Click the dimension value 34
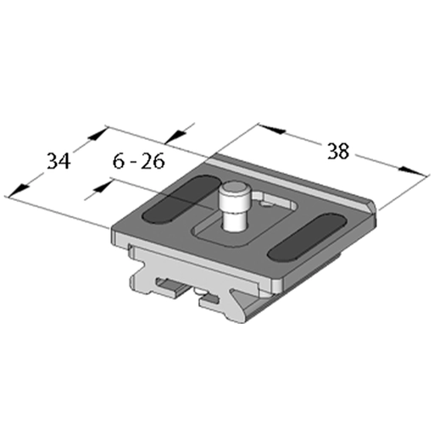(58, 161)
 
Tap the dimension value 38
(338, 151)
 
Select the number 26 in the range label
(153, 161)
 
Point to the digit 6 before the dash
(119, 161)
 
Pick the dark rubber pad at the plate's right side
(307, 236)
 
